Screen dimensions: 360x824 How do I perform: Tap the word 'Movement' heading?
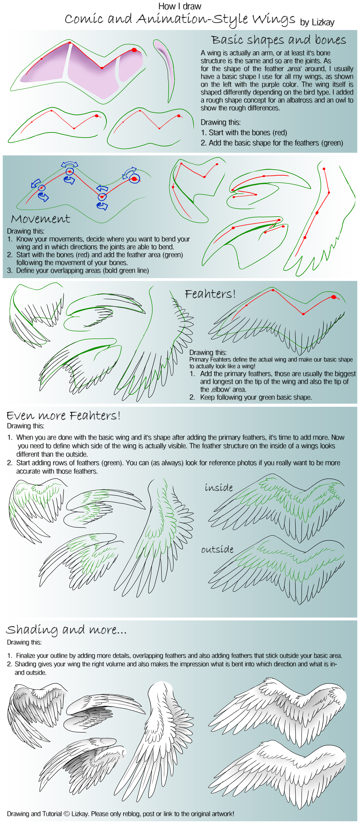point(40,219)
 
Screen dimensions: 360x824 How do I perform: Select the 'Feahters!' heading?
point(210,294)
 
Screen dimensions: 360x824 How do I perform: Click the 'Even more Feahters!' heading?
point(63,415)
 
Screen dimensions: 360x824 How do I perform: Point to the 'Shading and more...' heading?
point(66,630)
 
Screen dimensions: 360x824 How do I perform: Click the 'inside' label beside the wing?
point(219,487)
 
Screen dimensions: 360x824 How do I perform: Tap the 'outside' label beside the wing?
point(217,549)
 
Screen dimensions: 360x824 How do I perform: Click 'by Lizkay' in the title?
point(317,22)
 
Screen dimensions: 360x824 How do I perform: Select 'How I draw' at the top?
point(180,6)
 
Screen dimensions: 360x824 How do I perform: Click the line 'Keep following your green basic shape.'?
point(256,397)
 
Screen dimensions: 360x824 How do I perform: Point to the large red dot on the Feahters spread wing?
point(334,297)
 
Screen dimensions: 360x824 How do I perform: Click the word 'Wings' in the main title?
point(274,19)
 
